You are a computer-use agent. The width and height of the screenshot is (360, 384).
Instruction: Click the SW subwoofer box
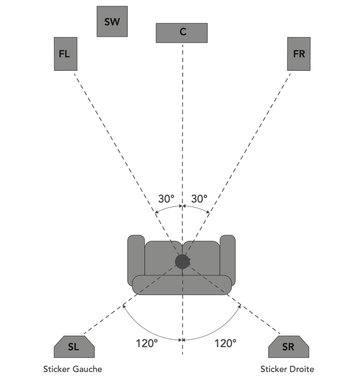click(x=112, y=22)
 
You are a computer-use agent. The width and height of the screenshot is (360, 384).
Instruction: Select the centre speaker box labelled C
click(x=182, y=33)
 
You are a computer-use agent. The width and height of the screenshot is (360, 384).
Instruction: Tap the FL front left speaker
click(x=66, y=54)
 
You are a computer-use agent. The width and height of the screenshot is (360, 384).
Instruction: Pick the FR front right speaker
click(x=299, y=54)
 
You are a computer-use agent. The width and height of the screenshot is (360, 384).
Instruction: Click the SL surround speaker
click(x=74, y=347)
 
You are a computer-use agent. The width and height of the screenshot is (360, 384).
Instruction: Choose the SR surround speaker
click(x=288, y=347)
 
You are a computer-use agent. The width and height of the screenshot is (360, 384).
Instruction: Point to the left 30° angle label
click(x=166, y=199)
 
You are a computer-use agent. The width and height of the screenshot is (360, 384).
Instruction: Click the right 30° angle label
click(x=199, y=199)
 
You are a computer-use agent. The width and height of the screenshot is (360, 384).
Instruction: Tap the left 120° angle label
click(x=147, y=343)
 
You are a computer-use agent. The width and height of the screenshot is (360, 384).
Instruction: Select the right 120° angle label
click(x=225, y=343)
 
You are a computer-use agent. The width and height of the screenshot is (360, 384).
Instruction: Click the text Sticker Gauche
click(x=73, y=369)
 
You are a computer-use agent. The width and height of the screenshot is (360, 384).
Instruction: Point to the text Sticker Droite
click(x=287, y=369)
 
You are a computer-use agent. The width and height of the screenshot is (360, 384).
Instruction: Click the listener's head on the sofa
click(x=182, y=262)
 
